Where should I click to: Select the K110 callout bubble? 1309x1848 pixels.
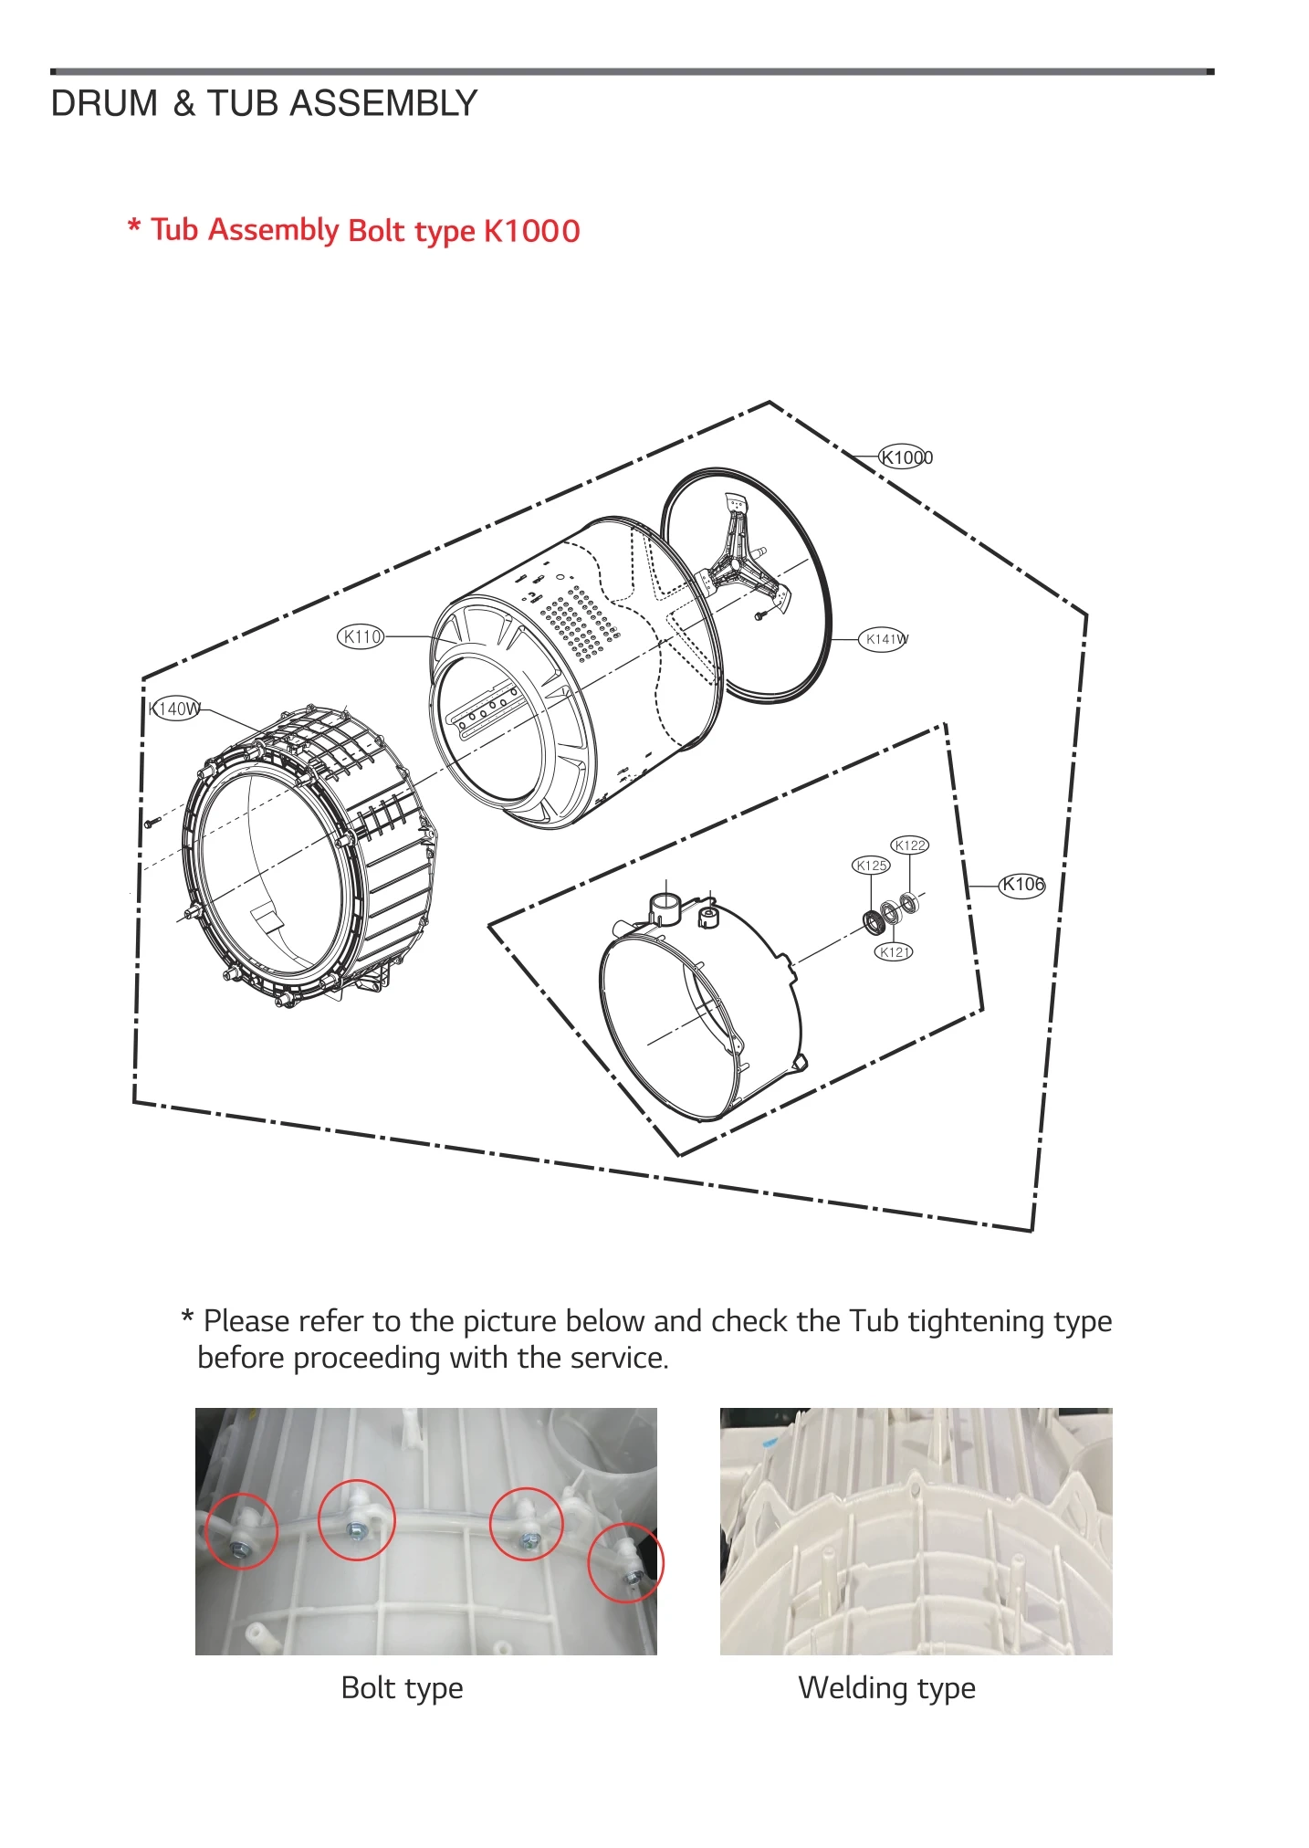click(361, 636)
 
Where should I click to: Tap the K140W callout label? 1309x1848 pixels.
click(174, 709)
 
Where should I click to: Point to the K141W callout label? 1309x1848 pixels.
click(885, 639)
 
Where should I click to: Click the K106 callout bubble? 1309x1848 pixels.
click(1021, 884)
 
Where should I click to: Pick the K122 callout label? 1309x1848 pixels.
click(909, 845)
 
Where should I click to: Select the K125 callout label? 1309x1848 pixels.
click(871, 865)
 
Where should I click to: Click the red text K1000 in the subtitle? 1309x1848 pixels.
click(531, 231)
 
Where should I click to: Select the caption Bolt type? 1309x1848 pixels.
click(402, 1687)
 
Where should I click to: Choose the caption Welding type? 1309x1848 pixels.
click(886, 1687)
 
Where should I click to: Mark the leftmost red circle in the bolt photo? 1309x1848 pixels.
click(241, 1531)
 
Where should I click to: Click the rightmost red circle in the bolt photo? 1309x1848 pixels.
click(625, 1562)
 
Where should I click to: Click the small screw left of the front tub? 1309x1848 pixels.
click(152, 822)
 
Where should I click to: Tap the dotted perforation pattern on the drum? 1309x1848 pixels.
click(581, 621)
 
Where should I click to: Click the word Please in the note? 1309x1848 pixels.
click(245, 1321)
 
